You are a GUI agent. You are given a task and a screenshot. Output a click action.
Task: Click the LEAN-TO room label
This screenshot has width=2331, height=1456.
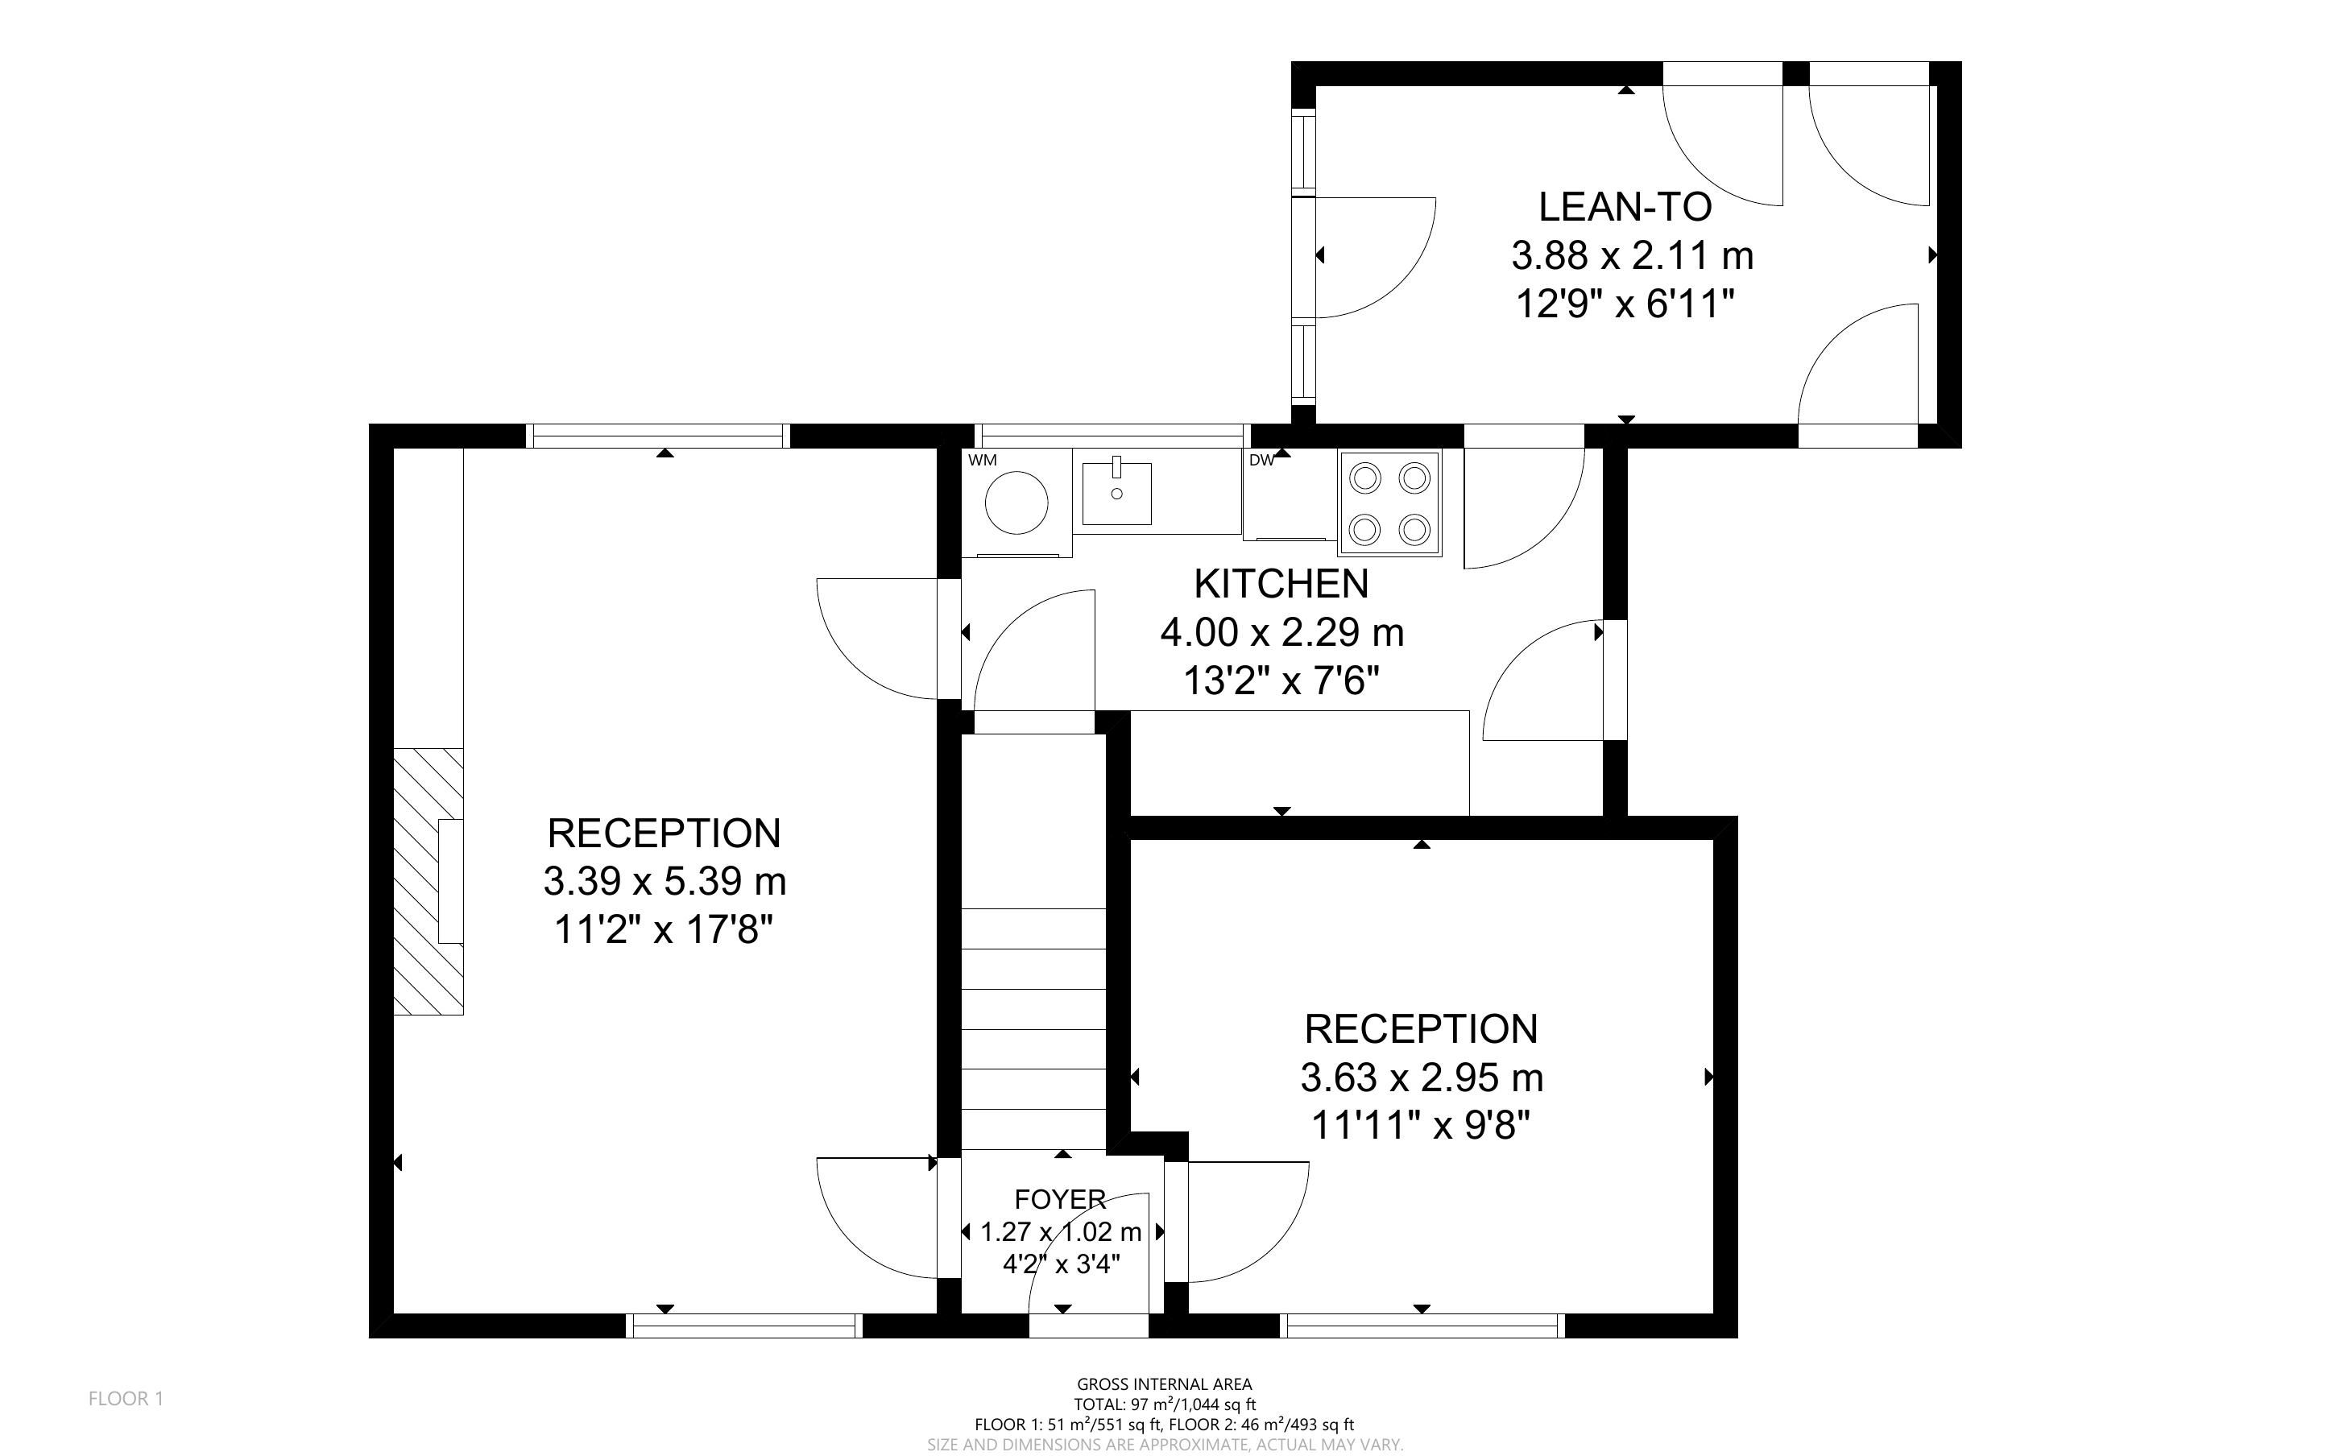(1625, 207)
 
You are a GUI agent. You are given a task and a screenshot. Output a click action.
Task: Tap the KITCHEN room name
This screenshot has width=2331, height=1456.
(1281, 584)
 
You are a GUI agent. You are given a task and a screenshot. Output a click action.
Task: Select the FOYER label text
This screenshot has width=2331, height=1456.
(1060, 1199)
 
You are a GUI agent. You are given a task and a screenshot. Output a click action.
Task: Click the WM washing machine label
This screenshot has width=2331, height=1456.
(982, 461)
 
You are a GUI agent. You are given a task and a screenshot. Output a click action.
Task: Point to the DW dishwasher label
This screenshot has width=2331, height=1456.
(1261, 461)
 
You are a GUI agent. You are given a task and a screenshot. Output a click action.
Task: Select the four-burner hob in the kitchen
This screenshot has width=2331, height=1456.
(1389, 503)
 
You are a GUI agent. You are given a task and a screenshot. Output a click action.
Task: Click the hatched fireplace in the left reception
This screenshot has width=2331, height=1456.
(429, 881)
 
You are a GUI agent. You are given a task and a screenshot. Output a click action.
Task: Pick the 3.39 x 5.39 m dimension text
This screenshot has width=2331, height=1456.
(665, 881)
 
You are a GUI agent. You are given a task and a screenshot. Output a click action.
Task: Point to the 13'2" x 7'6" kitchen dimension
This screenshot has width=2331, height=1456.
(1281, 682)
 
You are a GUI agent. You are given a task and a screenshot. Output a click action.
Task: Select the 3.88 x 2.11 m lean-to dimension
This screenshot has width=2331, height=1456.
(1632, 256)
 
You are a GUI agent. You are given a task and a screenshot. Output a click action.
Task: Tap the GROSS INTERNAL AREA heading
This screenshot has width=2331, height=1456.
(1164, 1385)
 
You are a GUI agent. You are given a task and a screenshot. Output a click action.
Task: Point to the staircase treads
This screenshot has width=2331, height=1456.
(1034, 1028)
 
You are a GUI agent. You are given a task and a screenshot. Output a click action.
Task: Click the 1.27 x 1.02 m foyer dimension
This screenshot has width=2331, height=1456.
(1060, 1231)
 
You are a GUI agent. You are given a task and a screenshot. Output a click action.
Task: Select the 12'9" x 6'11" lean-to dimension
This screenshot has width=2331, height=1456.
(1625, 305)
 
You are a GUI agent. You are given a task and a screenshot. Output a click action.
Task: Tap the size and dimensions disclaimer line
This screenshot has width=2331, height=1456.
(1165, 1445)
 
